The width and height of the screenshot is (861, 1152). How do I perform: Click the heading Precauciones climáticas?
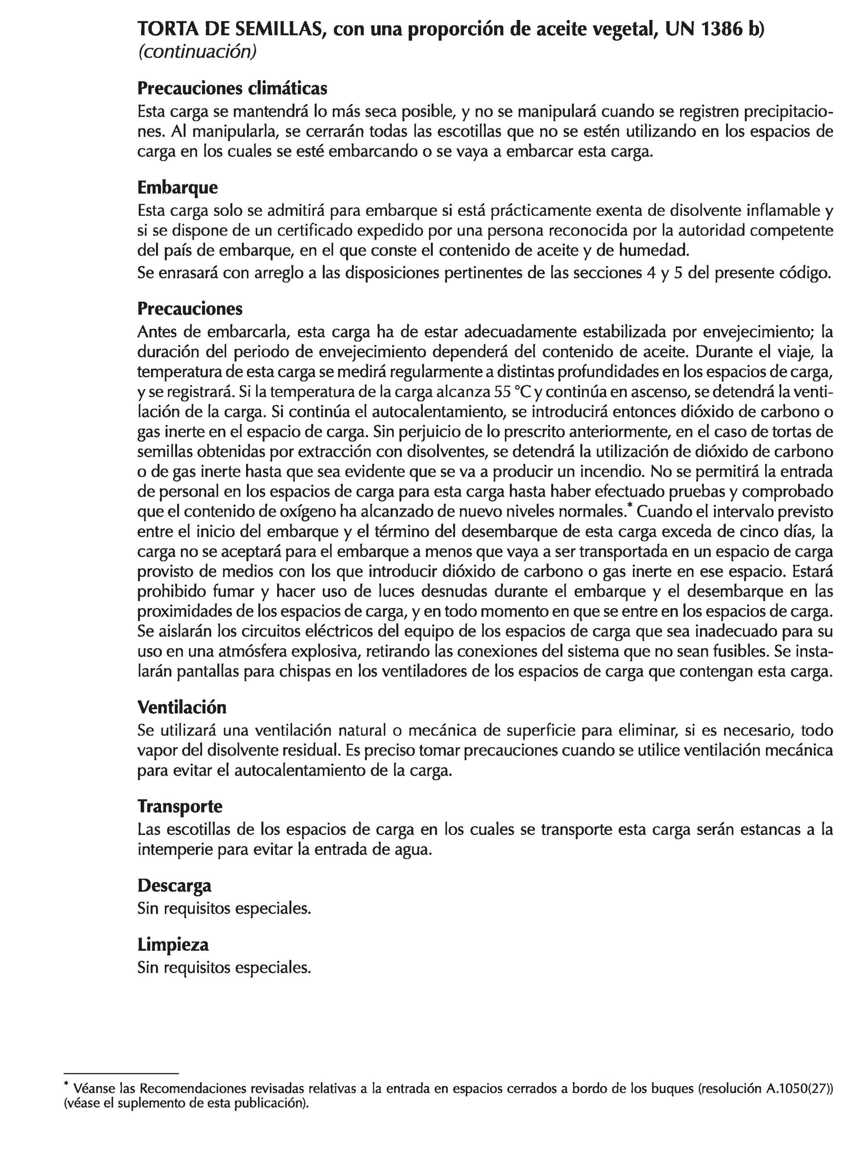pos(232,88)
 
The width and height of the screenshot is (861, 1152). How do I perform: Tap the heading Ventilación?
pos(182,707)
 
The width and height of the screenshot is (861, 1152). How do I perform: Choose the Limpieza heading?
pos(173,944)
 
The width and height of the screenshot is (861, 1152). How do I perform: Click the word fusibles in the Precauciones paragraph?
pos(743,651)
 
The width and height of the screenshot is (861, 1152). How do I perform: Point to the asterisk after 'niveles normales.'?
pos(630,506)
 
